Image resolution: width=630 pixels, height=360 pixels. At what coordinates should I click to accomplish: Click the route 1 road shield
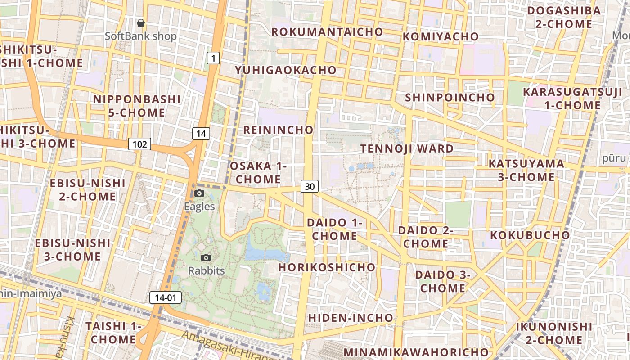pos(213,58)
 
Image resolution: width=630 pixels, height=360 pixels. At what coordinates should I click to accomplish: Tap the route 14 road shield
pos(201,133)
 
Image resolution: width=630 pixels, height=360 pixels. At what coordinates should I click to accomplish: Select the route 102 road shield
pos(140,144)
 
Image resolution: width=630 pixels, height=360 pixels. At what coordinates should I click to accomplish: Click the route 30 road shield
pos(310,186)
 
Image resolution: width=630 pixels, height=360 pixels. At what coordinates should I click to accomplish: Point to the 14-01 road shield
pos(166,297)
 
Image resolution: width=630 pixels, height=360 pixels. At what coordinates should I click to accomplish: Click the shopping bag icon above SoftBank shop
pos(141,22)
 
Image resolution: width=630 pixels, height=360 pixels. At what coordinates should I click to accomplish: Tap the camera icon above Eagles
pos(199,193)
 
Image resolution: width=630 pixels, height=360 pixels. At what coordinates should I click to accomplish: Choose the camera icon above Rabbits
pos(206,257)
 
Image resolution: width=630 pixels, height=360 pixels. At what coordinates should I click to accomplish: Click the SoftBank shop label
pos(141,36)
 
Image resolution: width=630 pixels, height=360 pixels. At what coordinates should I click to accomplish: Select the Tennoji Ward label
pos(407,148)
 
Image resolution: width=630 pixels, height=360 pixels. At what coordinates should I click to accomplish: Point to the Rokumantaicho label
pos(327,32)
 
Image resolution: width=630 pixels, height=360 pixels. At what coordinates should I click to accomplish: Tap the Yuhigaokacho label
pos(286,70)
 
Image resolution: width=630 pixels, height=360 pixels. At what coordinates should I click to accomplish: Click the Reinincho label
pos(278,130)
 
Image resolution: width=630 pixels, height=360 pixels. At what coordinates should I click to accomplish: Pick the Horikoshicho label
pos(327,267)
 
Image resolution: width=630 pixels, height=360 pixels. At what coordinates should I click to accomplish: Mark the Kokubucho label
pos(530,235)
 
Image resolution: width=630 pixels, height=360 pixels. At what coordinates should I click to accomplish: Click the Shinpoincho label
pos(450,98)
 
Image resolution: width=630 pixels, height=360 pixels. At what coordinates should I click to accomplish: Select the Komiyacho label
pos(441,37)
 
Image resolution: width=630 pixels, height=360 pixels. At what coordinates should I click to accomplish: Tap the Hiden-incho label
pos(351,318)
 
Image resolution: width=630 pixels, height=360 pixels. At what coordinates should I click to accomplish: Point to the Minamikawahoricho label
pos(416,352)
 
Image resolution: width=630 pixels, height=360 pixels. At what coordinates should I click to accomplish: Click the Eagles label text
pos(199,207)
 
